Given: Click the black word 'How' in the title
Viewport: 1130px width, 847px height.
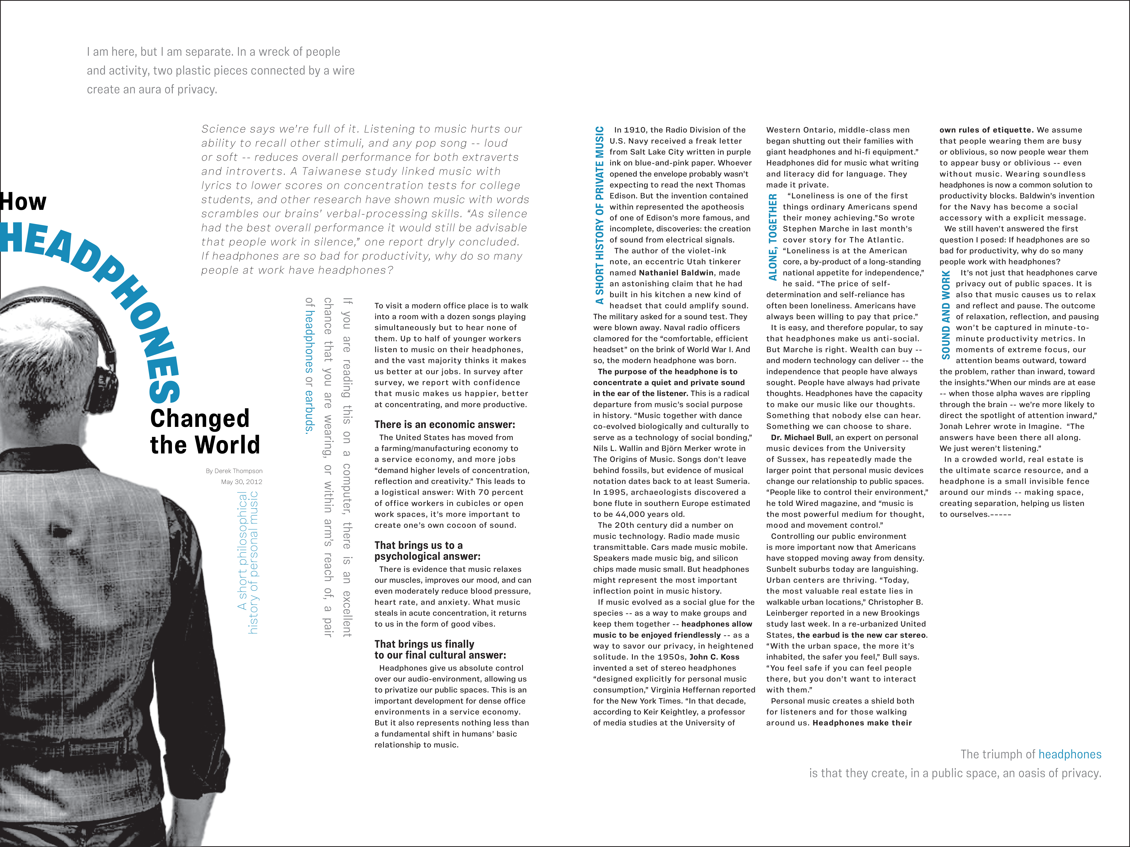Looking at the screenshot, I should point(24,202).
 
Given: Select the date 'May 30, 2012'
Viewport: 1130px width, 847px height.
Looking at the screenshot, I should point(242,481).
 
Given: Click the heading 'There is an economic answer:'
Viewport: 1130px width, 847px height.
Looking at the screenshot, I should point(444,424).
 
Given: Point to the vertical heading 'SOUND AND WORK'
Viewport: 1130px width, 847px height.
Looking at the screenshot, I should point(946,315).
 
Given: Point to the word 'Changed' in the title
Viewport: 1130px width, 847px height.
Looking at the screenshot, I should point(200,419).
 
